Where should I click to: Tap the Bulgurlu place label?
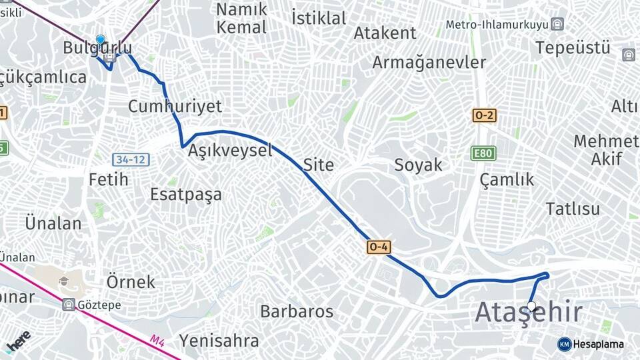point(97,48)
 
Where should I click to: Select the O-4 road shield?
point(379,247)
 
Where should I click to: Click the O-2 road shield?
point(485,115)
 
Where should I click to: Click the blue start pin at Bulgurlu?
point(100,40)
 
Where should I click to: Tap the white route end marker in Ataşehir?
point(531,307)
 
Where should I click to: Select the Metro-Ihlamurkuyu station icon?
point(557,25)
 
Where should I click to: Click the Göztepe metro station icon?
point(68,305)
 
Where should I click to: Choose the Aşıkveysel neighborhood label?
point(230,151)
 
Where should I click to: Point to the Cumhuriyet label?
point(175,107)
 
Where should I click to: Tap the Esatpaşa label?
point(186,195)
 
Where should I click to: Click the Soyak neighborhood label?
point(418,165)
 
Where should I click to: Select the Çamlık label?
point(507,179)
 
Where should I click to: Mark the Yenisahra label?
point(219,341)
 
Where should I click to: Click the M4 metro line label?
point(157,341)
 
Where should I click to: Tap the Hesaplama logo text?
point(597,344)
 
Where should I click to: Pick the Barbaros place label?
point(297,311)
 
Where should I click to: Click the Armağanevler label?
point(429,63)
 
